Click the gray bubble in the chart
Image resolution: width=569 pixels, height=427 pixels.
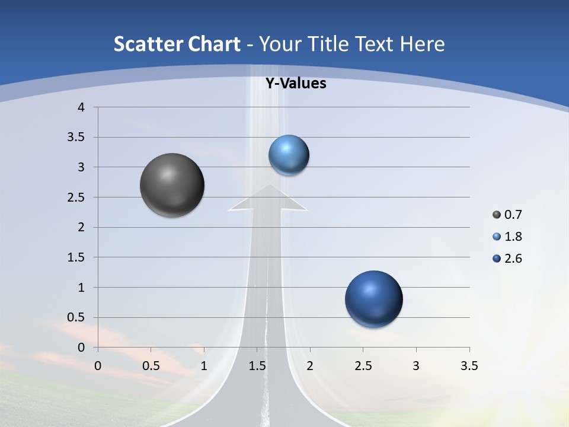pos(172,185)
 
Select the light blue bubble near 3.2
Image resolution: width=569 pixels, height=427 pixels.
pos(289,155)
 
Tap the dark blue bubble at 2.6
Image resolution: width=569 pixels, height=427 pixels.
pos(373,299)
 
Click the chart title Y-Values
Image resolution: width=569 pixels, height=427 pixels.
pos(296,84)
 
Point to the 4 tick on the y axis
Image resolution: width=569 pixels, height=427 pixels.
pos(81,107)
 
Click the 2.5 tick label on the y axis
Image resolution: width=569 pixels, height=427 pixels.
pos(76,197)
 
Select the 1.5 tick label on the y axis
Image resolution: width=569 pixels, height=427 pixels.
pos(76,257)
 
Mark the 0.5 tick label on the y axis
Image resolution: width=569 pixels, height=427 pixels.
pos(76,317)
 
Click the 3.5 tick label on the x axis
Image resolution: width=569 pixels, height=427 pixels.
pos(469,366)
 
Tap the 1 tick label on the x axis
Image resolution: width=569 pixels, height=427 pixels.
pos(204,366)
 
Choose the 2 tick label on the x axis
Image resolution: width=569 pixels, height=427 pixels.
pos(310,366)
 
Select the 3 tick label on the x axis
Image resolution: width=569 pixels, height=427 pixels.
pos(416,366)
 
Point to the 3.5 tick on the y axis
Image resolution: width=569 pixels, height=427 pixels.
pos(76,138)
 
